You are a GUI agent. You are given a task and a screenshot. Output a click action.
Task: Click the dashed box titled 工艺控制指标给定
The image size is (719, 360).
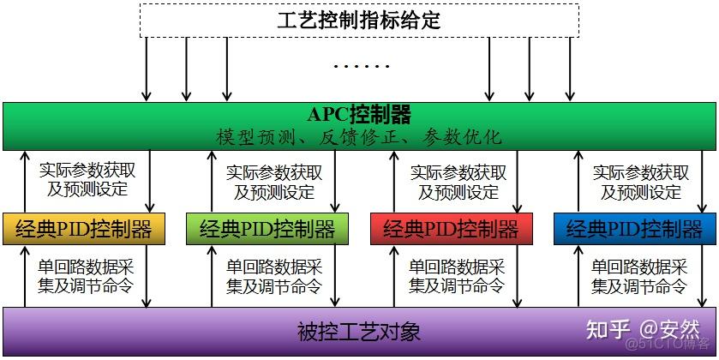point(359,20)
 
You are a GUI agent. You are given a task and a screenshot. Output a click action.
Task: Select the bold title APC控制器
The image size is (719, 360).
point(359,115)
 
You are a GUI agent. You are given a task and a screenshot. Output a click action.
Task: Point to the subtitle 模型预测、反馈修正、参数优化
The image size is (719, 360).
point(359,137)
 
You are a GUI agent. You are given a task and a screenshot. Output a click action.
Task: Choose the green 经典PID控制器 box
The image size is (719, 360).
point(267,229)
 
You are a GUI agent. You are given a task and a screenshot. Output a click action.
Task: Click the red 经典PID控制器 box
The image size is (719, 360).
point(451,229)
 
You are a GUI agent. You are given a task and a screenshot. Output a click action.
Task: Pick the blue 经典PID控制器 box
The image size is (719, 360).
point(634,229)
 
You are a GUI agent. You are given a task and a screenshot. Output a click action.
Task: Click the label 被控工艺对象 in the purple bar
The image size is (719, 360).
point(359,330)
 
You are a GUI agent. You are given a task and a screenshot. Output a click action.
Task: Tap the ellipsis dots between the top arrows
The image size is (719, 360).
point(359,66)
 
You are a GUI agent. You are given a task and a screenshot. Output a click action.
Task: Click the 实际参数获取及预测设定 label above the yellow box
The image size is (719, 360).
point(87,181)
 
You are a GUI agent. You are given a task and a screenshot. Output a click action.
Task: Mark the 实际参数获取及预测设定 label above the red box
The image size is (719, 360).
point(454,181)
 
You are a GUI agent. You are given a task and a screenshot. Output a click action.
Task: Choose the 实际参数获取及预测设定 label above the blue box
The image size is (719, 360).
point(638,181)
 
